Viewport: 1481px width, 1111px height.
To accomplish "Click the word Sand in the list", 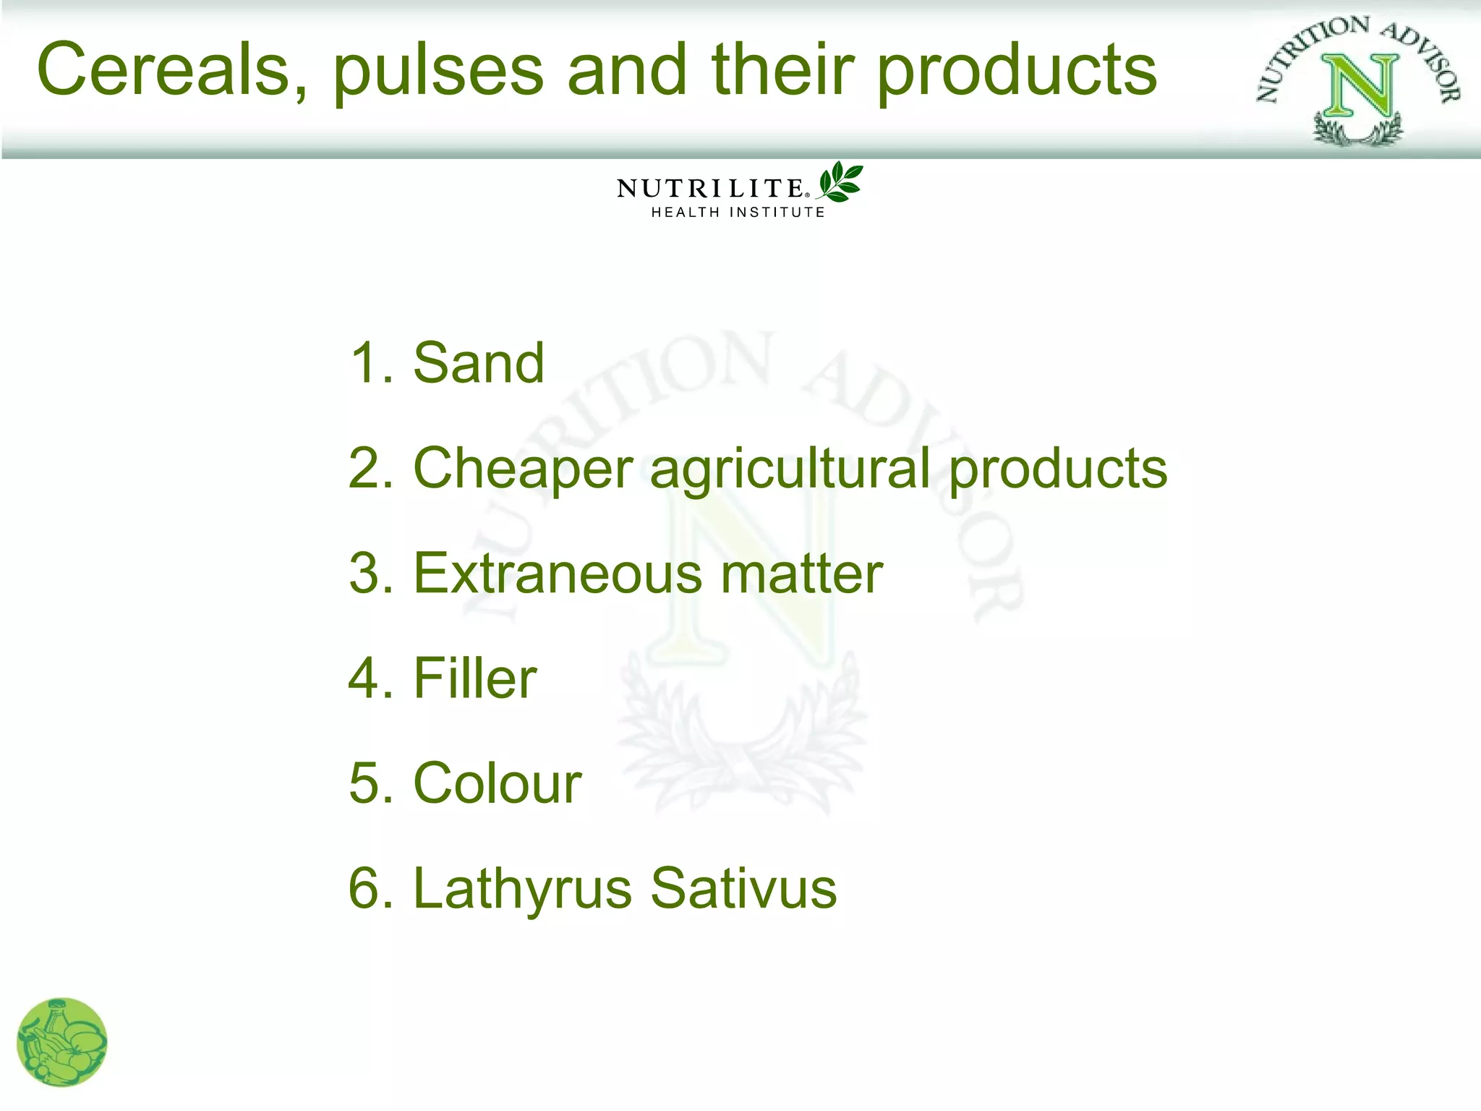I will click(478, 363).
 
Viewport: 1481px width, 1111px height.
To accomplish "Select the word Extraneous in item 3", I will click(556, 574).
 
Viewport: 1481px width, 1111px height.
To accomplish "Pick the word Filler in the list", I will click(474, 678).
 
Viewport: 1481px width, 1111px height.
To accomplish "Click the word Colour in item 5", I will click(497, 783).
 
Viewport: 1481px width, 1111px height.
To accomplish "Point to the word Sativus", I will click(743, 888).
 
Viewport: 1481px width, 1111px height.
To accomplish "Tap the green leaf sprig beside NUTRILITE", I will click(840, 182).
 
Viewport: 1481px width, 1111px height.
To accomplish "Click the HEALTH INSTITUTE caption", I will click(738, 213).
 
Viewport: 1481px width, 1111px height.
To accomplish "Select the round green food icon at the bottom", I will click(61, 1042).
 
